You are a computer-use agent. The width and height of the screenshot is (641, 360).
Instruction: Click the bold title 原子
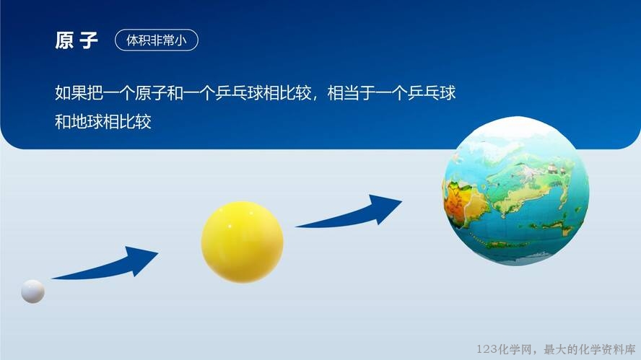point(77,40)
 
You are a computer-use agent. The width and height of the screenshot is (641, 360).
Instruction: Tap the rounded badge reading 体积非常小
point(157,40)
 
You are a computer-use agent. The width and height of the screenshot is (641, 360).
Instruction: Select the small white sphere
point(32,291)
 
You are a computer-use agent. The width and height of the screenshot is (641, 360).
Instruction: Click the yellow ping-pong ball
point(242,242)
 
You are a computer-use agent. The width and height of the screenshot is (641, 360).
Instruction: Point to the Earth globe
point(516,191)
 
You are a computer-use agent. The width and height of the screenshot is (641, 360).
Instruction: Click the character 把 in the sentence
point(95,93)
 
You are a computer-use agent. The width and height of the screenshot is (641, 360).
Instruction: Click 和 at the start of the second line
point(63,122)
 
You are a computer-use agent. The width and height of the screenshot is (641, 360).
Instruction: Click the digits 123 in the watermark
point(487,349)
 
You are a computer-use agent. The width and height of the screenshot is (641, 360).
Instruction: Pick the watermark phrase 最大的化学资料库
point(590,349)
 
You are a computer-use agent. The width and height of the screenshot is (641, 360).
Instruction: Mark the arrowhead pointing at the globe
point(384,208)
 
